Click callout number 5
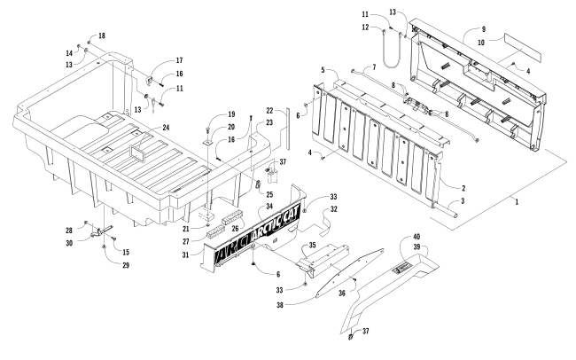pyautogui.click(x=326, y=69)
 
